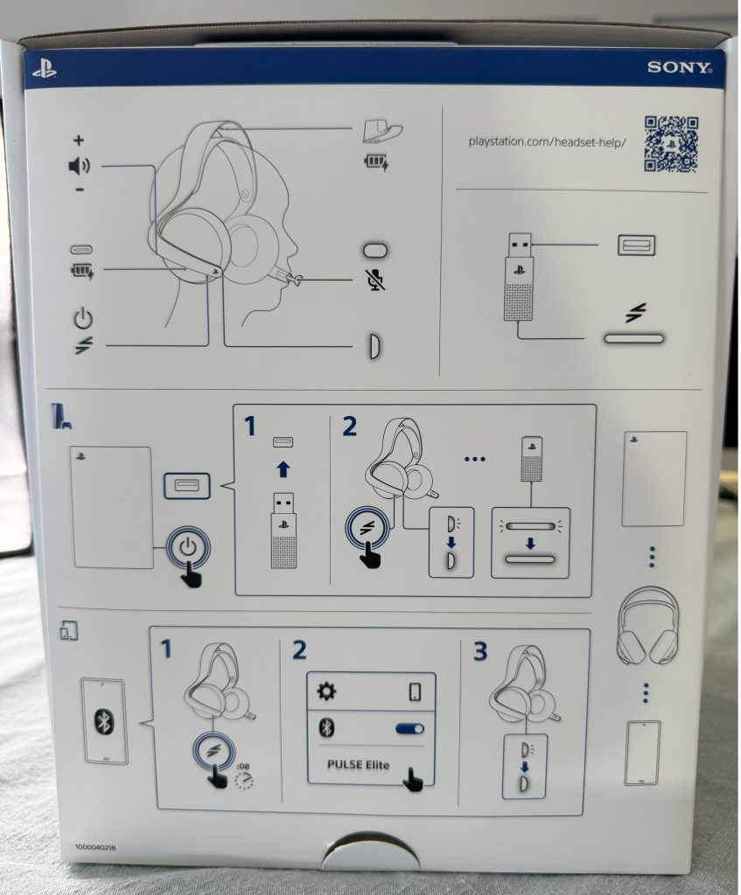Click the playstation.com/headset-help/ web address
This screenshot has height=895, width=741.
click(548, 141)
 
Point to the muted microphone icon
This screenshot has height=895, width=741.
click(375, 280)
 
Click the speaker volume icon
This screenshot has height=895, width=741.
click(79, 166)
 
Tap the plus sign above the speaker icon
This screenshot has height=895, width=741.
click(79, 140)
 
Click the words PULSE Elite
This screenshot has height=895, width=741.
click(358, 765)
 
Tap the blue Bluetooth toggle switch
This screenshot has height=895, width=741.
click(409, 728)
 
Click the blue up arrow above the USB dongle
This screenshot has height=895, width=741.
click(283, 469)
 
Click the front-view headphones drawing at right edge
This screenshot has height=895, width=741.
click(647, 624)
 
